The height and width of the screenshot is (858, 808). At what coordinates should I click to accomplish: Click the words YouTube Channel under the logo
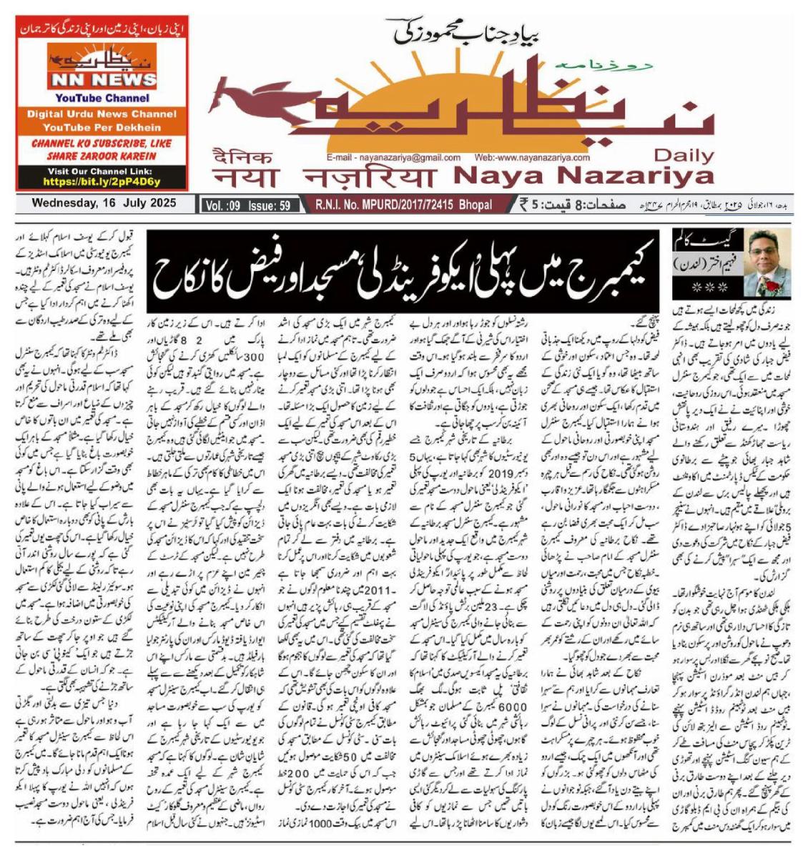(x=102, y=98)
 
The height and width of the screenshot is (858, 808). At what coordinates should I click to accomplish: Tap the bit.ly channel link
(x=102, y=182)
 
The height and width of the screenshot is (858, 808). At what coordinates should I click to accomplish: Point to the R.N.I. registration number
(x=403, y=205)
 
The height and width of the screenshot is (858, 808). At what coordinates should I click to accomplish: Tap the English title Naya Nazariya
(x=583, y=176)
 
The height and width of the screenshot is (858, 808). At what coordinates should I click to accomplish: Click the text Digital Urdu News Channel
(x=102, y=114)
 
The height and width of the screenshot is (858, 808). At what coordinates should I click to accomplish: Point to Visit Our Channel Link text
(x=102, y=172)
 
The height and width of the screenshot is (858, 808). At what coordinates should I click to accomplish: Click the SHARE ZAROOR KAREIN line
(x=102, y=155)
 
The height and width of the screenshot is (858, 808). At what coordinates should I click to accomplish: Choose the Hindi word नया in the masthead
(x=244, y=177)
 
